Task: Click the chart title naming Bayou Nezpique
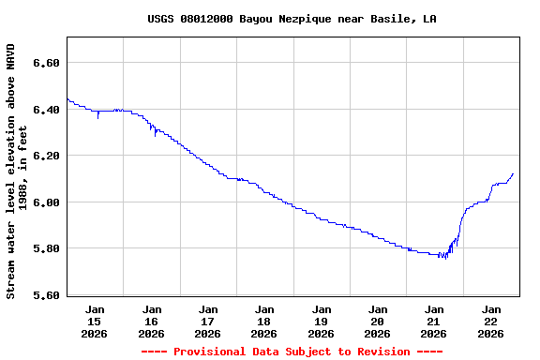click(292, 19)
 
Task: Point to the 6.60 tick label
click(46, 63)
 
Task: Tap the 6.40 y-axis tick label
click(46, 110)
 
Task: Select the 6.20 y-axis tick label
click(46, 156)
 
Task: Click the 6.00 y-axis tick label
click(46, 202)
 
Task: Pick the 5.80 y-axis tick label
click(46, 248)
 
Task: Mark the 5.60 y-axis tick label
click(46, 295)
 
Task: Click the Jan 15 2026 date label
click(95, 321)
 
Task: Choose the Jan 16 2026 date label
click(151, 321)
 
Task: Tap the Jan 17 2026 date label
click(207, 321)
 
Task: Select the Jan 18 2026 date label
click(264, 321)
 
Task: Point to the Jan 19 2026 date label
click(321, 321)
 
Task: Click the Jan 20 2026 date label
click(377, 321)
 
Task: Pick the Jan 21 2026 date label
click(433, 321)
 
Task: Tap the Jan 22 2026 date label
click(490, 321)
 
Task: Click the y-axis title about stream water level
click(17, 170)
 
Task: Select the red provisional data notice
click(292, 352)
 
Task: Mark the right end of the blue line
click(513, 173)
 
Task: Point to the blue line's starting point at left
click(67, 98)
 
